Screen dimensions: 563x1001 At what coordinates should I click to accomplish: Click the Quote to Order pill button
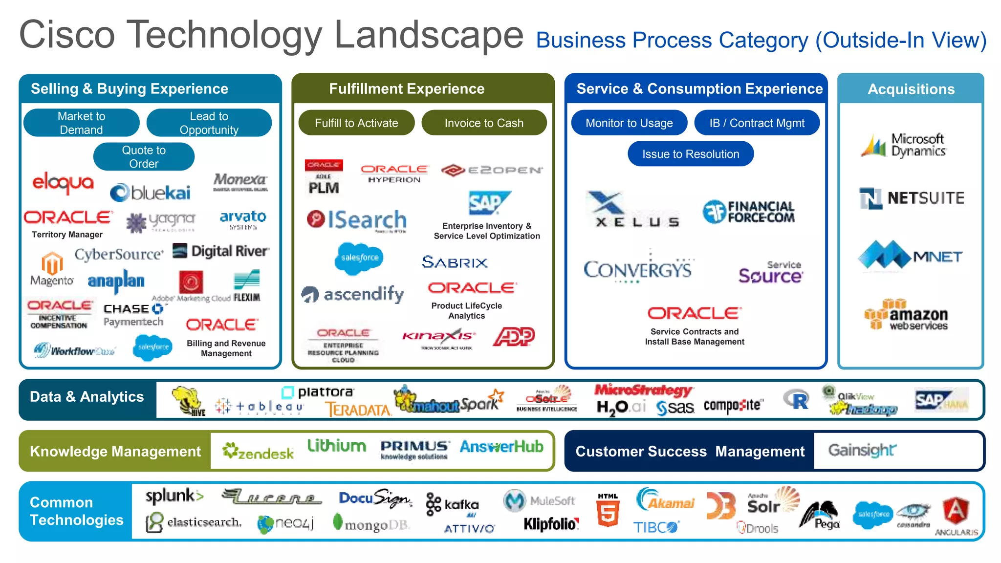coord(144,157)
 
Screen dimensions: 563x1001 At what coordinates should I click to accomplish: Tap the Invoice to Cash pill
coord(484,123)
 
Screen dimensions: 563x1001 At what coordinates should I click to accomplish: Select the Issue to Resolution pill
coord(690,154)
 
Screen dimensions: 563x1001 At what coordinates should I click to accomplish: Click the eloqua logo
coord(63,183)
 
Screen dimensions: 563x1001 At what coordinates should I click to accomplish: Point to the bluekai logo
coord(151,193)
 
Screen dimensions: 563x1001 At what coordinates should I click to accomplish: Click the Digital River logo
coord(221,251)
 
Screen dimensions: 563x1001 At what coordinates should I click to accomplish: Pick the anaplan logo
coord(116,281)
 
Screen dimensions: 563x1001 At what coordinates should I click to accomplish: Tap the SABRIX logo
coord(455,262)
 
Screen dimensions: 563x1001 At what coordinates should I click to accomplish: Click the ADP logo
coord(514,336)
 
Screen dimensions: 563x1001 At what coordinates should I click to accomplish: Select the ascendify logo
coord(352,294)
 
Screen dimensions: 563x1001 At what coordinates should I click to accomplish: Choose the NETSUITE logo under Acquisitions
coord(912,198)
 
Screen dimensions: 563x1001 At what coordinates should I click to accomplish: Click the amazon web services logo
coord(907,315)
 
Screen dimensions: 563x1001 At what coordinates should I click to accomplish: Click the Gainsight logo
coord(862,450)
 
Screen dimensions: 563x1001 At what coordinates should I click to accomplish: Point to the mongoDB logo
coord(371,524)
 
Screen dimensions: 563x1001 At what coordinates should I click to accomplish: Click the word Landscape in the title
coord(429,35)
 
